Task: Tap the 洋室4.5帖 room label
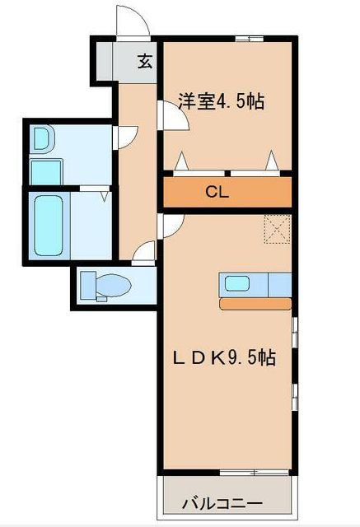point(221,101)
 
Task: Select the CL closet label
point(217,193)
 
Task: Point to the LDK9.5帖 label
point(223,357)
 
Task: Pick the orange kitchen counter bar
point(255,303)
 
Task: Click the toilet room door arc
point(143,251)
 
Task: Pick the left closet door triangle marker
point(184,161)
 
